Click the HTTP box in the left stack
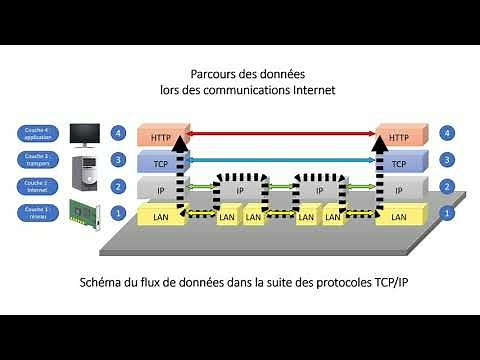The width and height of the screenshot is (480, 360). (157, 137)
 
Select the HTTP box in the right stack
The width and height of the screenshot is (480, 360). (399, 137)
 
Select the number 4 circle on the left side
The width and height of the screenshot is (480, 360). (119, 132)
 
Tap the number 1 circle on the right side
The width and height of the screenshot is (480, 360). (447, 213)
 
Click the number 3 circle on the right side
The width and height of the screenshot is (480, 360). (447, 159)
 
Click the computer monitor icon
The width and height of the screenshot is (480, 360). (85, 134)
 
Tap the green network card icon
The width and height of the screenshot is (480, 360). (85, 213)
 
